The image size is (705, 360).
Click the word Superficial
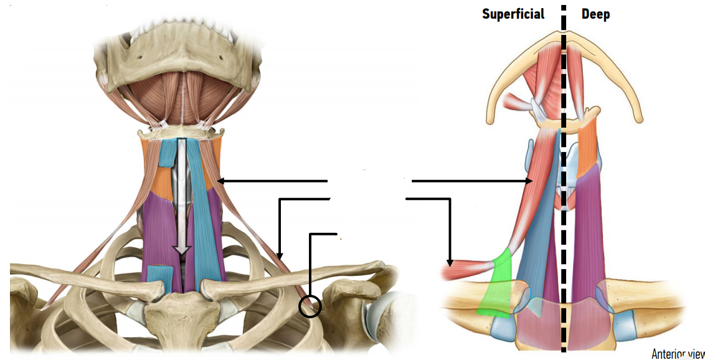tap(513, 14)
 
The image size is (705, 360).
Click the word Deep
tap(595, 14)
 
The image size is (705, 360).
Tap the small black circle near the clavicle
tap(310, 306)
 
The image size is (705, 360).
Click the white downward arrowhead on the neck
tap(181, 250)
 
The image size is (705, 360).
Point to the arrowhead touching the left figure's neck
tap(221, 181)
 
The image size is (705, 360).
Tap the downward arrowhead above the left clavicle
tap(280, 255)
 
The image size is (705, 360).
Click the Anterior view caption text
tap(678, 354)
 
